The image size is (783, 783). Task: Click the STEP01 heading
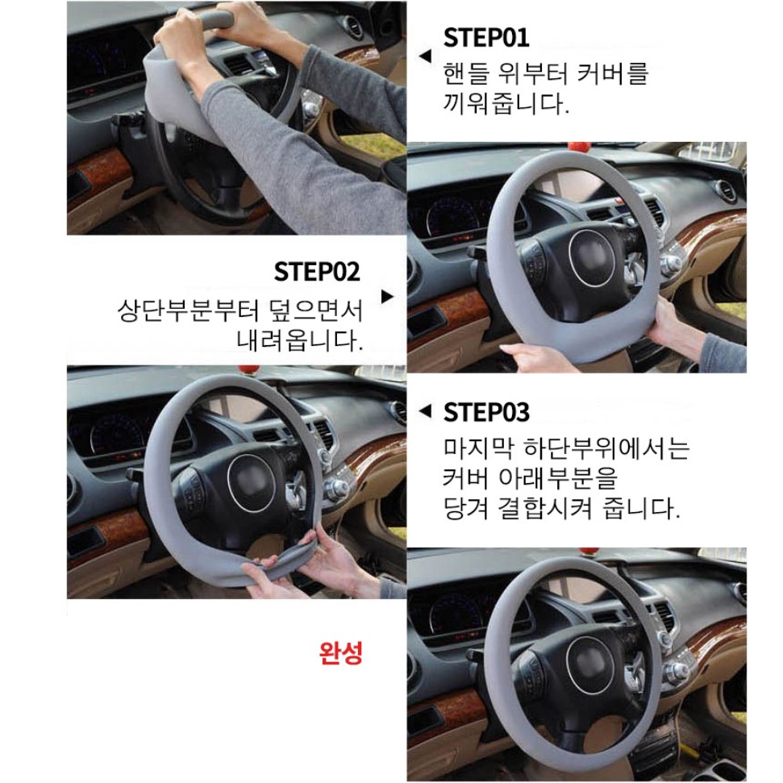click(486, 38)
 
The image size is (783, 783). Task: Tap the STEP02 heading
click(317, 272)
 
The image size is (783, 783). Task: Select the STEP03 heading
click(486, 413)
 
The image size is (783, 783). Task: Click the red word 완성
click(341, 652)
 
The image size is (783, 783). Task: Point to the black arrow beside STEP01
click(426, 56)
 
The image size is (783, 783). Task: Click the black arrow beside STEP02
click(388, 296)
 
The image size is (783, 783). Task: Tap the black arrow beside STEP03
click(426, 411)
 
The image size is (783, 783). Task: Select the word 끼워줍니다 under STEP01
click(506, 104)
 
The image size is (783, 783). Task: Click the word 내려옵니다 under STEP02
click(300, 341)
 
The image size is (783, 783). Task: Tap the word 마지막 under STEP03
click(478, 448)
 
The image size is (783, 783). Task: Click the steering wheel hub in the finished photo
click(589, 665)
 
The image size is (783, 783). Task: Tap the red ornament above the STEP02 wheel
click(580, 148)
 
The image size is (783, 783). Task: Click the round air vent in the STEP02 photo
click(725, 191)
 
